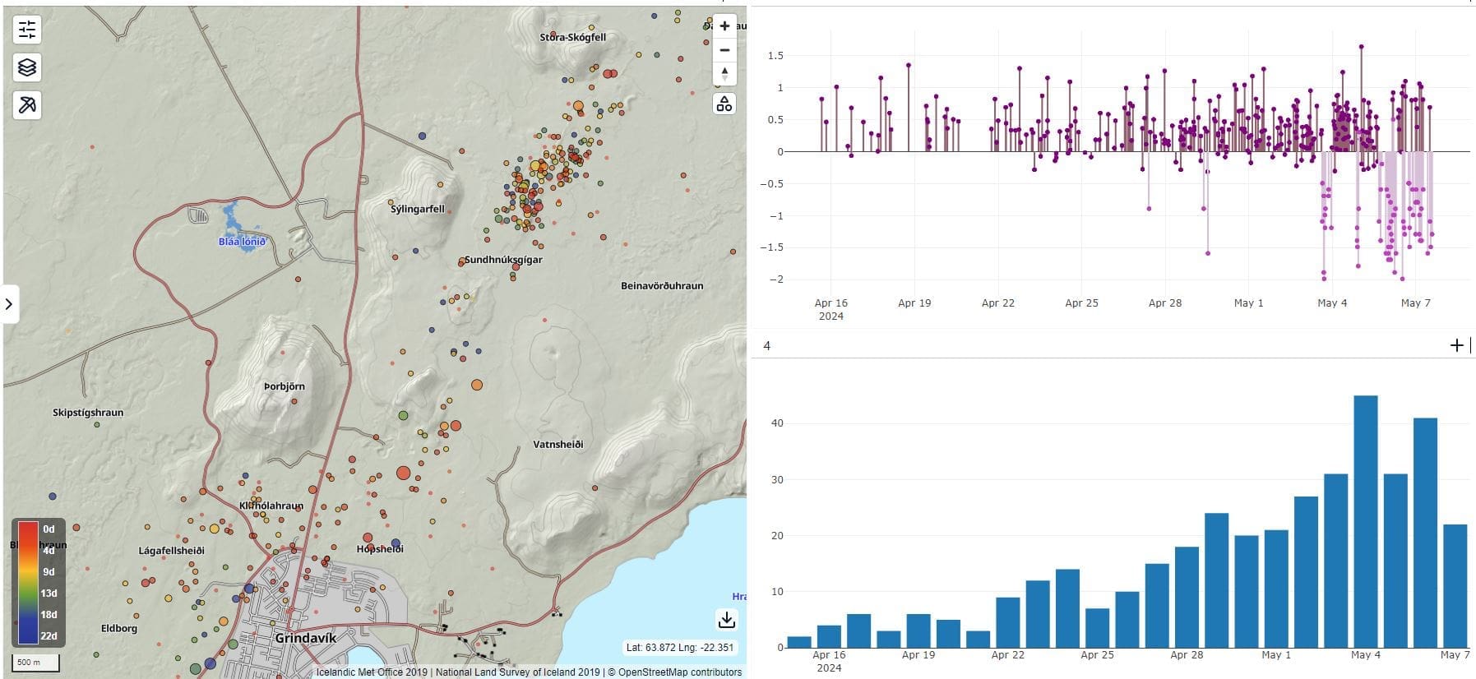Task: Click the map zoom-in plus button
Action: click(x=724, y=26)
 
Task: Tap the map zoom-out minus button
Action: click(x=724, y=50)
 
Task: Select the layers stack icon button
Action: click(x=27, y=67)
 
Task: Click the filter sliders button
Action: click(x=27, y=30)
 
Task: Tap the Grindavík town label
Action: click(x=305, y=638)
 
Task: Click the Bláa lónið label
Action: click(x=242, y=242)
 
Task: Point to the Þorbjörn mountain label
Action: click(x=285, y=386)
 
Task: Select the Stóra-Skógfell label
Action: click(x=573, y=37)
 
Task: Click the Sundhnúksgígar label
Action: click(x=503, y=260)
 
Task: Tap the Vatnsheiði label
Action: click(x=558, y=445)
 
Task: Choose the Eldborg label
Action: click(x=119, y=629)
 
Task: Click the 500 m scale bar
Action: click(x=35, y=663)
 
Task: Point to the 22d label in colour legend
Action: click(x=49, y=635)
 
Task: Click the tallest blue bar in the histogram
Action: click(x=1366, y=522)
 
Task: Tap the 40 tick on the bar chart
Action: click(x=777, y=423)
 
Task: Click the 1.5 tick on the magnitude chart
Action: click(x=775, y=56)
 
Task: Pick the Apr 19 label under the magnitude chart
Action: click(x=914, y=303)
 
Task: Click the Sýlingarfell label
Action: click(x=417, y=210)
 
